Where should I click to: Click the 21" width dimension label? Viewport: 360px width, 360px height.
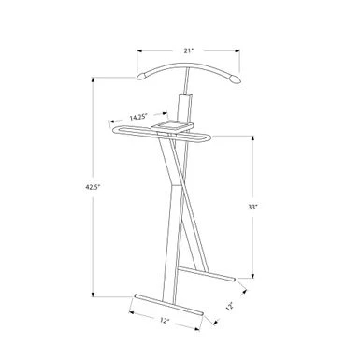pyautogui.click(x=189, y=50)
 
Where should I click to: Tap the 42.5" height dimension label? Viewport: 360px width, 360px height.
pyautogui.click(x=93, y=187)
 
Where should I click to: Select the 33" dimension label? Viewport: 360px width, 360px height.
pyautogui.click(x=252, y=207)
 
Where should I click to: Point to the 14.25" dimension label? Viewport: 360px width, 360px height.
pyautogui.click(x=138, y=118)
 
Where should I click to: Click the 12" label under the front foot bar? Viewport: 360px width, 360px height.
pyautogui.click(x=164, y=321)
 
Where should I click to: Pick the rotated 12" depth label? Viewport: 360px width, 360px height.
pyautogui.click(x=230, y=307)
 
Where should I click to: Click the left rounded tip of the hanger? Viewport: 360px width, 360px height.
pyautogui.click(x=141, y=76)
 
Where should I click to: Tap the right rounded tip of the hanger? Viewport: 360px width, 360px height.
pyautogui.click(x=236, y=79)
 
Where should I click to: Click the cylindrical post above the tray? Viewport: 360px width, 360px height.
pyautogui.click(x=184, y=108)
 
